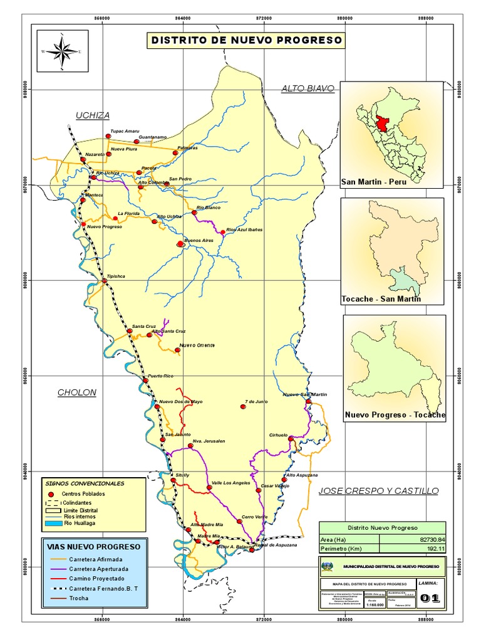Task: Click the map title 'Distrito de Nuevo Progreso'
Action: pos(246,41)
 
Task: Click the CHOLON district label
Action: pos(77,393)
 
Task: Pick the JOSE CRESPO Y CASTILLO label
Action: pos(378,490)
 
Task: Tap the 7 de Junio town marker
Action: pos(243,407)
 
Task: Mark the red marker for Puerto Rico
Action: pos(145,381)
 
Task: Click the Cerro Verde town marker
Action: pos(239,521)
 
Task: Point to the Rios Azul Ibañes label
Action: pos(244,230)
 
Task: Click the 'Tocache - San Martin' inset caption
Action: pos(381,299)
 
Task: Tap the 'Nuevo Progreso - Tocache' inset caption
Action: pos(395,415)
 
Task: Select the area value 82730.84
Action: pos(430,539)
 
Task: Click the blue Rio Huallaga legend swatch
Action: pos(49,522)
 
